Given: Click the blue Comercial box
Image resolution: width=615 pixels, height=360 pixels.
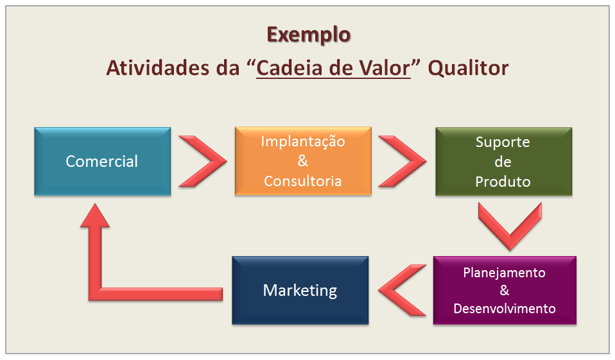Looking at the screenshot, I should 102,161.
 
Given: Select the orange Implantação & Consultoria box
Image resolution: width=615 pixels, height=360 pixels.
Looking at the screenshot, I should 302,161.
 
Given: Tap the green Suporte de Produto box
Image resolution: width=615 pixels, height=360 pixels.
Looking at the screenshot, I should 503,161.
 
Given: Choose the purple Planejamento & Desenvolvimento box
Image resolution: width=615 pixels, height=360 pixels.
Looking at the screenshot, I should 505,290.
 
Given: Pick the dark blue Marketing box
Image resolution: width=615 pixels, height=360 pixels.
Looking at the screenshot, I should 300,290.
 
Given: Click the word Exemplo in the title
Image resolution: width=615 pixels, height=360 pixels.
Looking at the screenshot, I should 308,34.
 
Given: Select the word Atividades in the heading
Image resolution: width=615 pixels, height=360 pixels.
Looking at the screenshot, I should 156,68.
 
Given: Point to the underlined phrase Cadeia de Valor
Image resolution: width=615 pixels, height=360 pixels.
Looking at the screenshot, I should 333,68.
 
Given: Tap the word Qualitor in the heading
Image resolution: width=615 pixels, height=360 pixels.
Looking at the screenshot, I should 469,68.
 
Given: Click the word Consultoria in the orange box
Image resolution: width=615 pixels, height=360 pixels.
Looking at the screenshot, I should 302,181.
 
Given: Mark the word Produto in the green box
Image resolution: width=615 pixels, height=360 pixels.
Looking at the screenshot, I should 503,182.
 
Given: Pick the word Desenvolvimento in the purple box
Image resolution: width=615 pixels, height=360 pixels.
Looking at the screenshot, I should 505,308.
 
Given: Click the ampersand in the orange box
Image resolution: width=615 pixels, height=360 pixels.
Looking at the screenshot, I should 302,161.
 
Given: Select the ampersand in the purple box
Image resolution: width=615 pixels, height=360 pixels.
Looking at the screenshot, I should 505,290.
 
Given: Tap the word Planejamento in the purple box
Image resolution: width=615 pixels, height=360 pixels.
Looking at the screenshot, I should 505,272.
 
